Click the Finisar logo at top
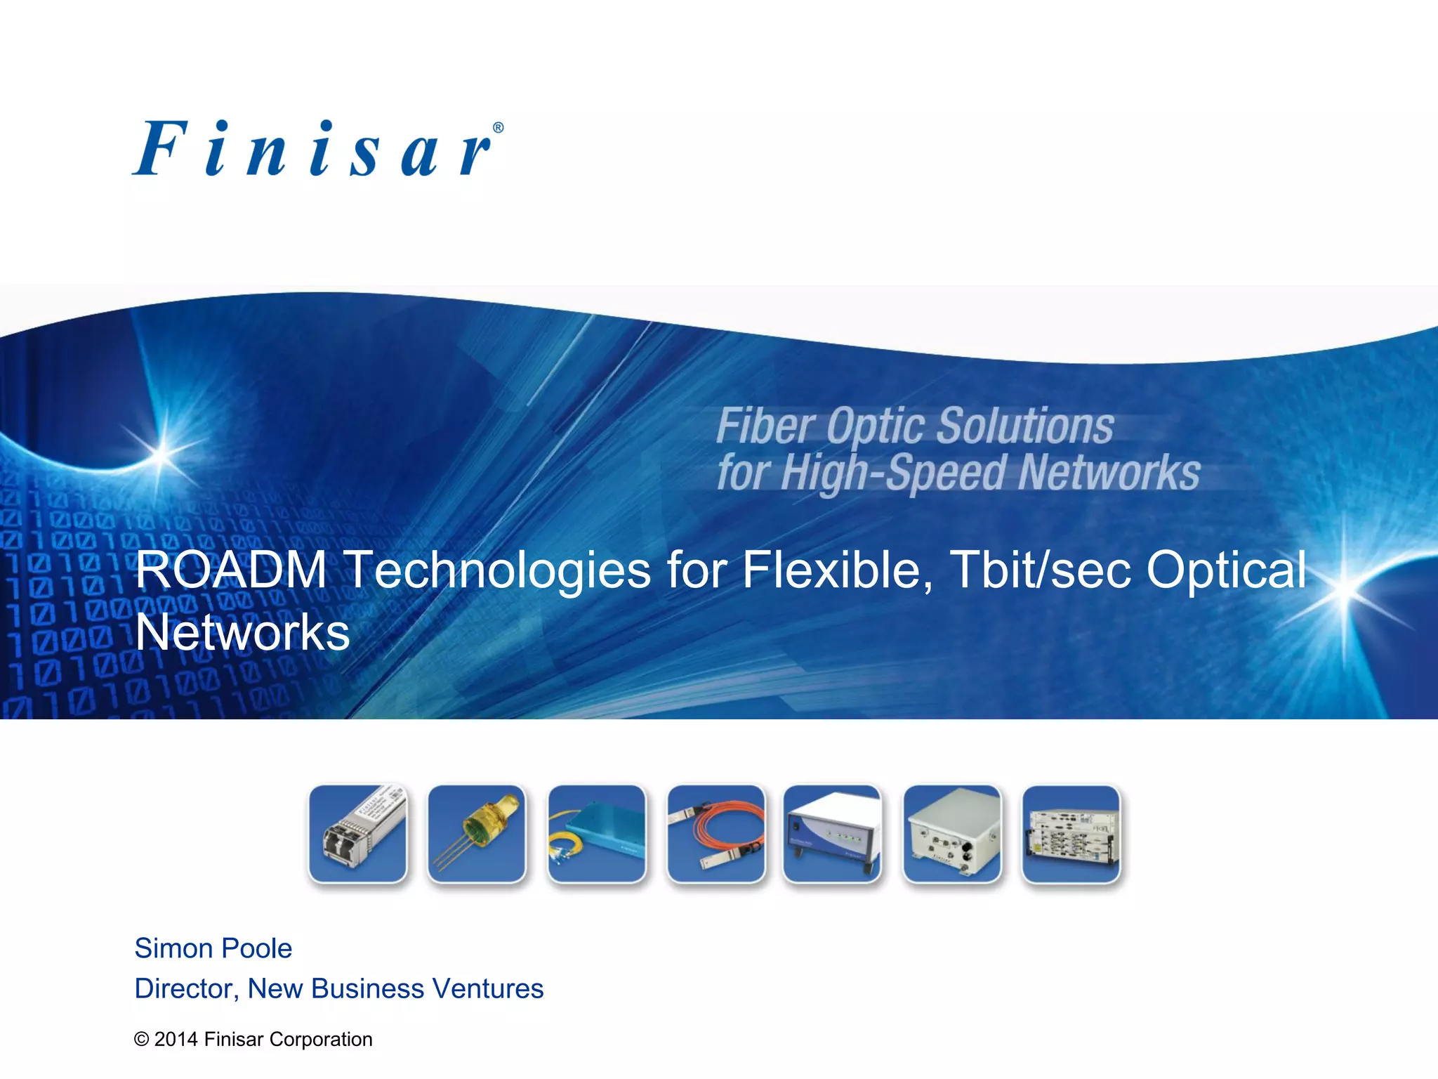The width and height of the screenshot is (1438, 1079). point(316,149)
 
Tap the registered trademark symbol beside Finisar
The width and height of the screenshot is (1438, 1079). point(498,128)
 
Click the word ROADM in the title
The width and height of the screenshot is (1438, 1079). point(231,569)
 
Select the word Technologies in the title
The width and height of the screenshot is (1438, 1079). point(499,569)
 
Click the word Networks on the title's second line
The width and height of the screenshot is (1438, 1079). point(242,632)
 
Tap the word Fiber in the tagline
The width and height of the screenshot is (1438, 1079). point(765,426)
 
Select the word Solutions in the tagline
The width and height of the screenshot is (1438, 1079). point(1025,426)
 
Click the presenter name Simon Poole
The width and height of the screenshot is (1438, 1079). point(213,948)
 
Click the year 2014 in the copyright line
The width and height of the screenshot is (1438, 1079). point(176,1039)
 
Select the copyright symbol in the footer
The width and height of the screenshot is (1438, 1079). point(142,1040)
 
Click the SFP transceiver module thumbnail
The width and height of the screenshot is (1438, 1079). point(358,834)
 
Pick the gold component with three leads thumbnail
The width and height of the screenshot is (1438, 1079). point(477,834)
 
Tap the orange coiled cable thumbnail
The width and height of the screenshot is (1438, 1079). point(715,834)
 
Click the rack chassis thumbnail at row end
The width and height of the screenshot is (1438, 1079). point(1071,834)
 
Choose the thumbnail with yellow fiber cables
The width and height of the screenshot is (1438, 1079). point(597,834)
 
